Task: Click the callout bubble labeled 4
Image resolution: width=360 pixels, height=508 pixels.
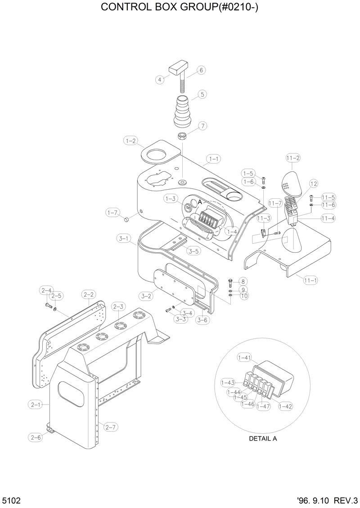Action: tap(159, 80)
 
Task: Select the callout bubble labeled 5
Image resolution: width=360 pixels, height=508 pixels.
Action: tap(202, 94)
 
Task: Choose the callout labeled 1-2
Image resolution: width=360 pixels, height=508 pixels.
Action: tap(131, 141)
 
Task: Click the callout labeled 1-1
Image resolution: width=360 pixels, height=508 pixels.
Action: tap(214, 159)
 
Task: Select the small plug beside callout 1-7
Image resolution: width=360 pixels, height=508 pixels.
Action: tap(126, 219)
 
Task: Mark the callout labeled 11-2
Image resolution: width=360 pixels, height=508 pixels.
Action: tap(293, 158)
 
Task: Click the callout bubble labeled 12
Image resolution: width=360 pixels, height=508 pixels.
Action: tap(313, 183)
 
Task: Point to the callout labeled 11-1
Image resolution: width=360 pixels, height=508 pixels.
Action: tap(310, 281)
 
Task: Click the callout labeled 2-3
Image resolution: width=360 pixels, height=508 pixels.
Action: tap(118, 307)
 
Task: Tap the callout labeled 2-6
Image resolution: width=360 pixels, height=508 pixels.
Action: tap(36, 437)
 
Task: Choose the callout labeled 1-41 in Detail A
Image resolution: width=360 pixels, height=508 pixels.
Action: tap(244, 357)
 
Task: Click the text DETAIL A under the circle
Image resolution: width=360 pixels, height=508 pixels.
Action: tap(263, 439)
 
